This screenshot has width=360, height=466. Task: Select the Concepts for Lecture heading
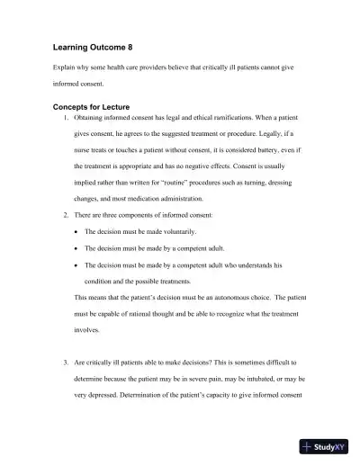pos(94,106)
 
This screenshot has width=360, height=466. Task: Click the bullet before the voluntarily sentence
pos(74,232)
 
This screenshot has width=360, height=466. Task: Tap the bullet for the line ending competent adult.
pos(74,248)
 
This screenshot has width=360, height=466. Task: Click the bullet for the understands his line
pos(74,265)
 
